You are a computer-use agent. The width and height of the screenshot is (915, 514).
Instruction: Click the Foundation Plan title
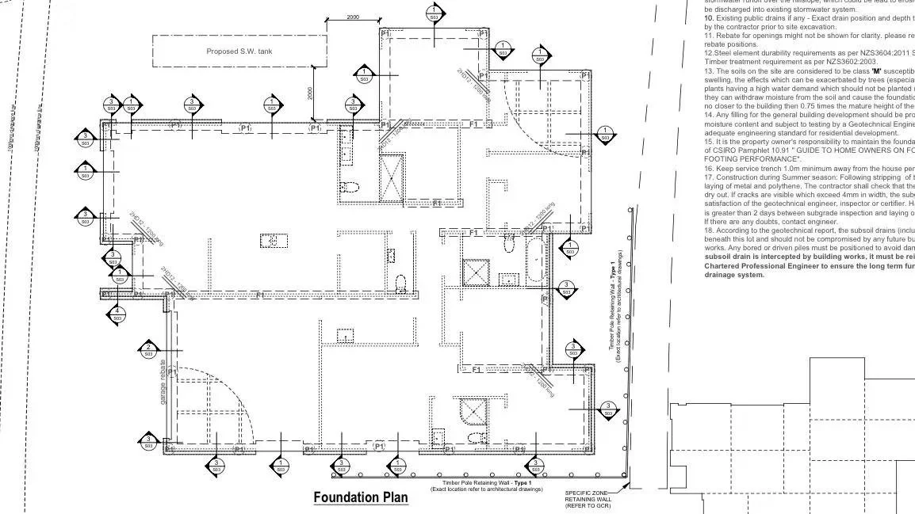tap(361, 497)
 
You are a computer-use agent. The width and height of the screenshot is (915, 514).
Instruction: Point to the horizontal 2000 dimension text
tap(353, 17)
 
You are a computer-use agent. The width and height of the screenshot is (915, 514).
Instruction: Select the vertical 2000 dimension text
tap(310, 93)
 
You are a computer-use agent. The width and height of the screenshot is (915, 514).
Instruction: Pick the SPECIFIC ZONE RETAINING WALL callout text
tap(588, 499)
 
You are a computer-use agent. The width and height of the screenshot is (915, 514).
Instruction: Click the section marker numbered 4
tap(117, 314)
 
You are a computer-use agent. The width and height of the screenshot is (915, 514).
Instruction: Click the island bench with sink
tap(272, 240)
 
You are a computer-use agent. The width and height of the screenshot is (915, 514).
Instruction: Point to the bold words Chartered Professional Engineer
tap(763, 267)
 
